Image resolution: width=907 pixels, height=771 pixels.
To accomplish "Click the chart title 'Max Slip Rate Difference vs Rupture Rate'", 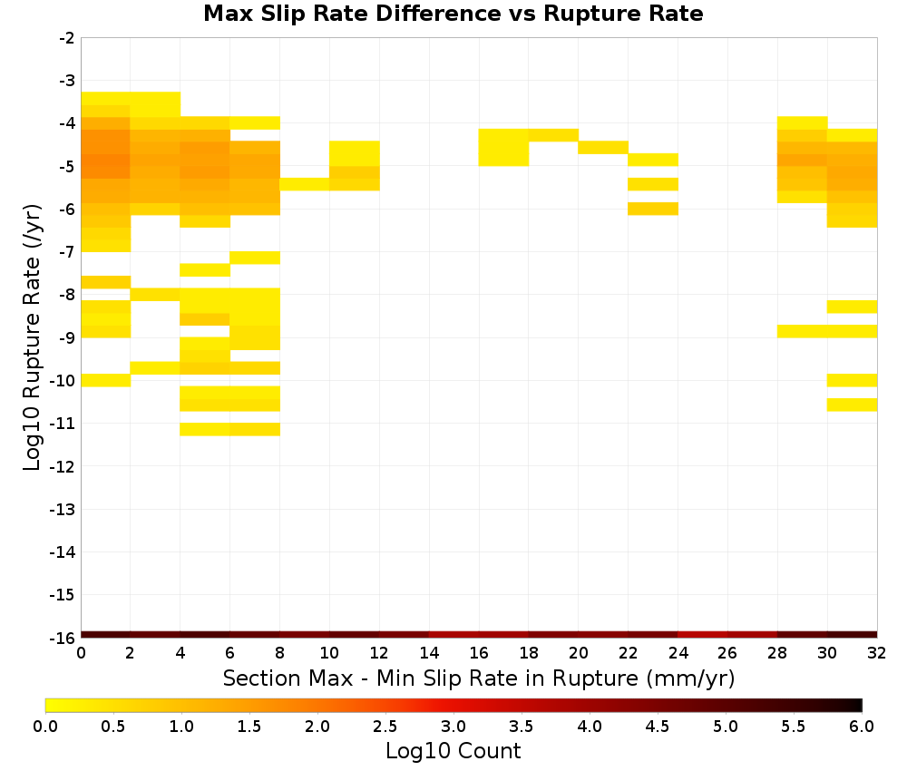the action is point(453,14).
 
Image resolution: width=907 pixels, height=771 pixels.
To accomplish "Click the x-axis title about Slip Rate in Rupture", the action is point(478,678).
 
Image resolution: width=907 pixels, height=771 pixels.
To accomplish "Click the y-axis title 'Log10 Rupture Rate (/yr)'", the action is point(32,337).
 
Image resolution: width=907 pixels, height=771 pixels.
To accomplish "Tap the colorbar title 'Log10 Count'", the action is point(453,751).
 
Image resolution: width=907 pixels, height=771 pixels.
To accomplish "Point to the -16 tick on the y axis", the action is point(63,638).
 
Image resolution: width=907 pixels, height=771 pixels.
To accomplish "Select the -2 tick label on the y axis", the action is point(67,38).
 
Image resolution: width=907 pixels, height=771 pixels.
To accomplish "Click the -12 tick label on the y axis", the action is point(63,466).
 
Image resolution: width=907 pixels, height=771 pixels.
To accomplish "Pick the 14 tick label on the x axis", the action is point(429,653).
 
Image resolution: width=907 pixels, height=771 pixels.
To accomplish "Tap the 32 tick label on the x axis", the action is point(876,653).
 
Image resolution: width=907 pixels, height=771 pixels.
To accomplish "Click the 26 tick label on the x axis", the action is point(727,653).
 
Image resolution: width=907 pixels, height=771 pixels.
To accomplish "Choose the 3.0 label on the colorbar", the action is point(453,726).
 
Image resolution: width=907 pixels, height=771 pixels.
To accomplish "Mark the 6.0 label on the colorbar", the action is point(862,726).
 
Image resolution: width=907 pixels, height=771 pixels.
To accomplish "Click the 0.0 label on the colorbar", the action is point(45,726).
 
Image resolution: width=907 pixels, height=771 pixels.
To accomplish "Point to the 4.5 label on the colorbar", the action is point(657,726).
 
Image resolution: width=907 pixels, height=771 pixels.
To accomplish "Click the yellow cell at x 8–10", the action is point(305,184).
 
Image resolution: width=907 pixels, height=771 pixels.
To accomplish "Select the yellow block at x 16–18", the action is point(503,147).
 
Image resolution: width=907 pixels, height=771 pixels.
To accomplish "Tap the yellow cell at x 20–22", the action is point(603,147).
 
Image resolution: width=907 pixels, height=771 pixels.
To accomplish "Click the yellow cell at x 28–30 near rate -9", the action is point(803,331).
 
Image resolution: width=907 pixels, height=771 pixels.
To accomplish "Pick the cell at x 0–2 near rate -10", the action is point(105,380).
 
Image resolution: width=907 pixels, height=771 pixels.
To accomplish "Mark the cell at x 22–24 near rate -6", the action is point(653,209).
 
